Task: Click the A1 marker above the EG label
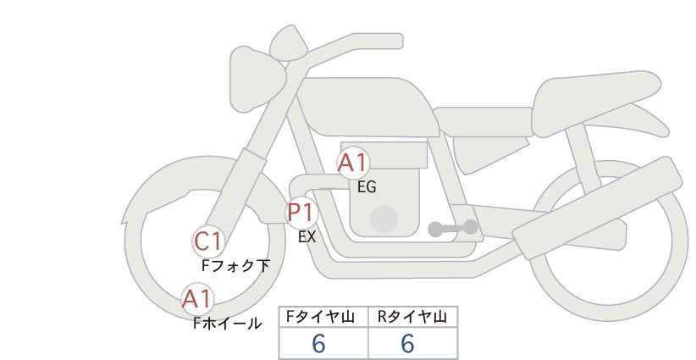[x=353, y=163]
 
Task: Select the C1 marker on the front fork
[x=207, y=241]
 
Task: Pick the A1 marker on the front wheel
[x=197, y=298]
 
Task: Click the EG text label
[x=367, y=188]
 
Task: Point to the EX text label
[x=307, y=237]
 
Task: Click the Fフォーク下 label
[x=235, y=266]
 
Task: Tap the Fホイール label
[x=227, y=323]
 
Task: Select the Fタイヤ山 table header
[x=323, y=318]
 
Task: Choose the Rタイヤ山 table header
[x=412, y=318]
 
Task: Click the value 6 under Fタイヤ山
[x=318, y=343]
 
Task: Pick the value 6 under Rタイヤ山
[x=407, y=343]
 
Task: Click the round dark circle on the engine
[x=384, y=219]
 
